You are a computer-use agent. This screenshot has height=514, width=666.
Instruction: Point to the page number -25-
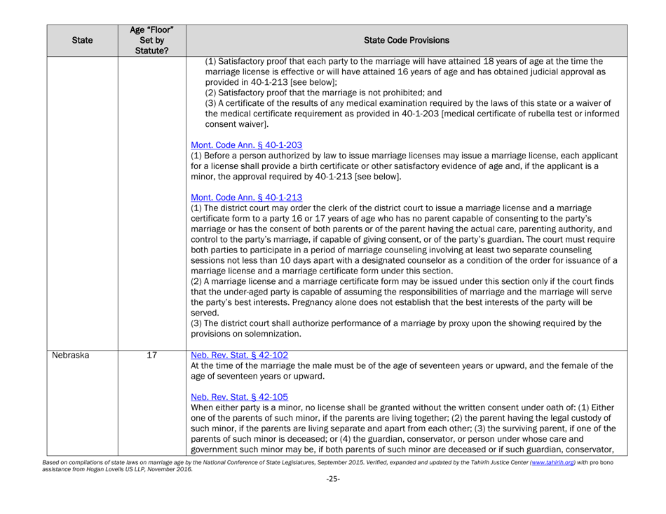(x=332, y=503)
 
